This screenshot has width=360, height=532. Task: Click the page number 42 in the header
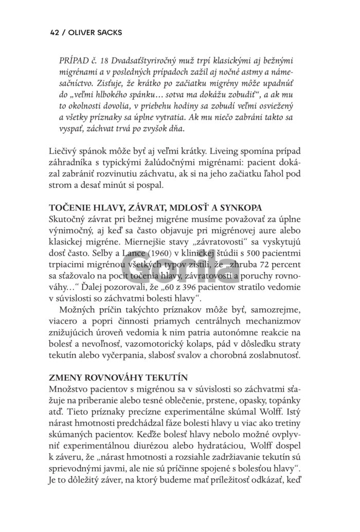click(55, 32)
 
